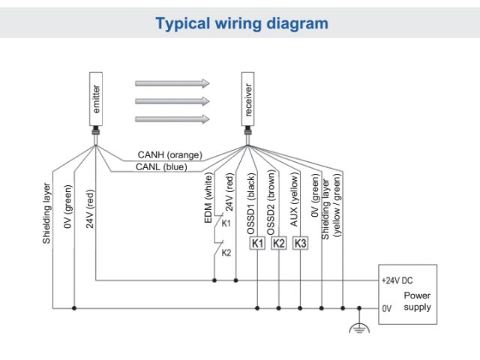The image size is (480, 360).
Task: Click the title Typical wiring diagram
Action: click(x=240, y=24)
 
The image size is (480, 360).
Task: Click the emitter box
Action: click(x=96, y=97)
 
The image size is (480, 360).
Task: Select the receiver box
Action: click(x=248, y=97)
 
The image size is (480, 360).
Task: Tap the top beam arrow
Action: click(x=172, y=83)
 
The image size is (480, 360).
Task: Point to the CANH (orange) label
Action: click(x=170, y=155)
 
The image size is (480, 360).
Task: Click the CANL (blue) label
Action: click(x=161, y=166)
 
